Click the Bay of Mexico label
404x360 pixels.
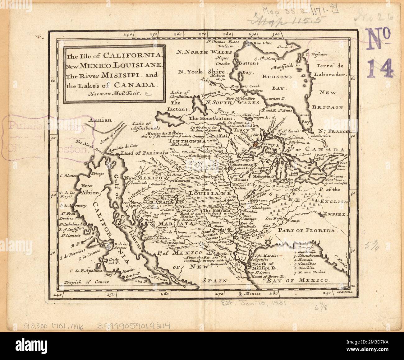point(297,280)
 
